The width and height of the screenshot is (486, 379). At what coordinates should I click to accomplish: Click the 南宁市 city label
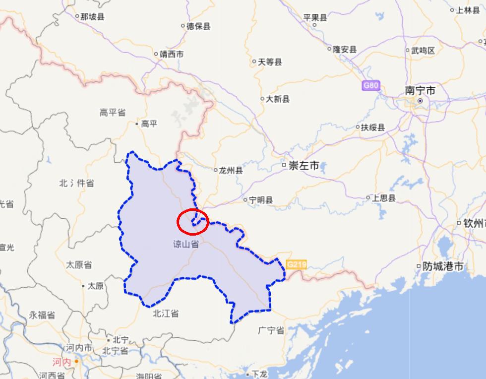(420, 91)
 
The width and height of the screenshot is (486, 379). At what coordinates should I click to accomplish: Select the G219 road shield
(296, 265)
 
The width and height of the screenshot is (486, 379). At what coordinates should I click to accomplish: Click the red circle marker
(193, 221)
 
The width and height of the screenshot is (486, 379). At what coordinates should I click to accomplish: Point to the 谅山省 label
(186, 244)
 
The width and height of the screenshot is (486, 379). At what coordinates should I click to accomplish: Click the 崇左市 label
(304, 166)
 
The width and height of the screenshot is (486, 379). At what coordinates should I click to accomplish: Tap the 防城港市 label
(442, 266)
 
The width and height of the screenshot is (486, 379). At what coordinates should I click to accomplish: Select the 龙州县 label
(231, 170)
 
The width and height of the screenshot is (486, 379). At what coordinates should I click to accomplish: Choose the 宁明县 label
(261, 200)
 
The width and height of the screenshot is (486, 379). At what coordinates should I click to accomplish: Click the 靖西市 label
(171, 54)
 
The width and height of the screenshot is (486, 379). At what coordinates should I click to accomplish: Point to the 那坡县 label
(92, 17)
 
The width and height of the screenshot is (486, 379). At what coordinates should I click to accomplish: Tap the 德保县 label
(198, 26)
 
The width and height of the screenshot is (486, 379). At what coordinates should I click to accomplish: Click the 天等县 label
(270, 62)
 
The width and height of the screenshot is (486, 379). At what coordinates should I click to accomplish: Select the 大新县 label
(278, 99)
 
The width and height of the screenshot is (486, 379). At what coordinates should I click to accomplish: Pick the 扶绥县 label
(372, 127)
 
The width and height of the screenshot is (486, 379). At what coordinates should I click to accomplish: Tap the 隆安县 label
(345, 49)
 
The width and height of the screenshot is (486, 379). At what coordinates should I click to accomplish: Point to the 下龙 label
(259, 374)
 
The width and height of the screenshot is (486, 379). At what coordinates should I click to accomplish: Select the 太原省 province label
(79, 265)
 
